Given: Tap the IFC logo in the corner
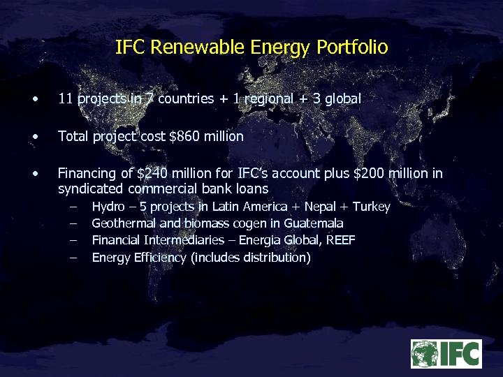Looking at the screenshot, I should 446,353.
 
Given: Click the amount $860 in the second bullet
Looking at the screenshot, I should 184,137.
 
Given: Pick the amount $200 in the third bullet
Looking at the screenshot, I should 371,174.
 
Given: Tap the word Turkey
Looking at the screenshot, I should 371,207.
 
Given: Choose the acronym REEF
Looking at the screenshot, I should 340,240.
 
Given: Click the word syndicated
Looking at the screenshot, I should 88,189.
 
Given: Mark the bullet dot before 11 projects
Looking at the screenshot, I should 35,99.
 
